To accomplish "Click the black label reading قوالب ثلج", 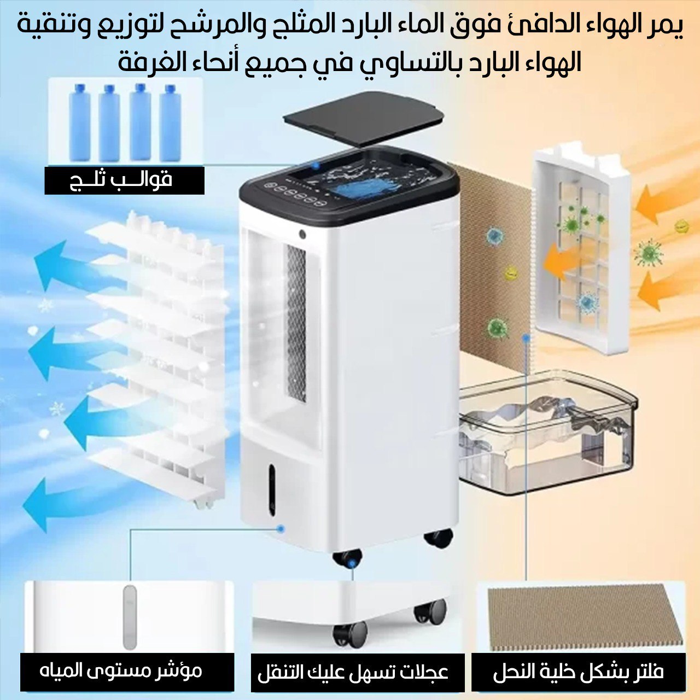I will pos(124,180).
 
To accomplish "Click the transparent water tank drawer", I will pos(547,432).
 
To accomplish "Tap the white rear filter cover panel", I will pos(581,246).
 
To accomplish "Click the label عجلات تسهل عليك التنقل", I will pos(353,672).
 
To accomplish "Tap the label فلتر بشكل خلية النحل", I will pos(578,672).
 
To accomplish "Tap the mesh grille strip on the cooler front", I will pos(296,323).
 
